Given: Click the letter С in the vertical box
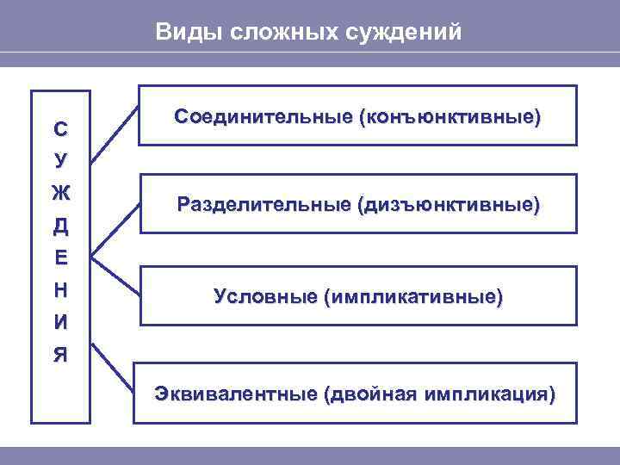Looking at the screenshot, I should (x=60, y=130).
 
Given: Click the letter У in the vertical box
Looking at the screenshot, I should (x=60, y=162).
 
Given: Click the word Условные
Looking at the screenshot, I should (x=263, y=296).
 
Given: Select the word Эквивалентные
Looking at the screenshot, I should (x=234, y=394).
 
